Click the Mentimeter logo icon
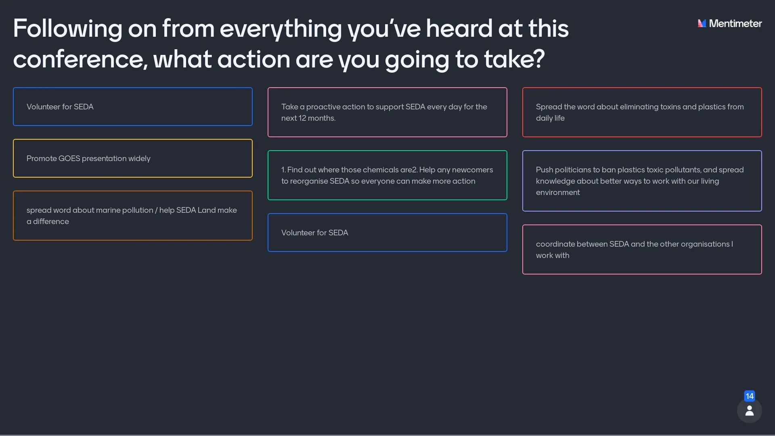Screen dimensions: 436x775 702,23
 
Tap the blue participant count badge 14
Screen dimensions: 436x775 750,396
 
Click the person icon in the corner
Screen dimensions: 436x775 750,411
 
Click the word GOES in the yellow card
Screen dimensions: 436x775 69,159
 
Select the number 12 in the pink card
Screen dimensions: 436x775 302,118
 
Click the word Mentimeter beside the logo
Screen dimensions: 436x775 735,23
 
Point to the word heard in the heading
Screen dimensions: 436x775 459,29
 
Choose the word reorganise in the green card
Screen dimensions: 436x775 309,181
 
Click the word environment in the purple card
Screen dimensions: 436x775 557,193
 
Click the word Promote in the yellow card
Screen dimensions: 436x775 42,159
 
